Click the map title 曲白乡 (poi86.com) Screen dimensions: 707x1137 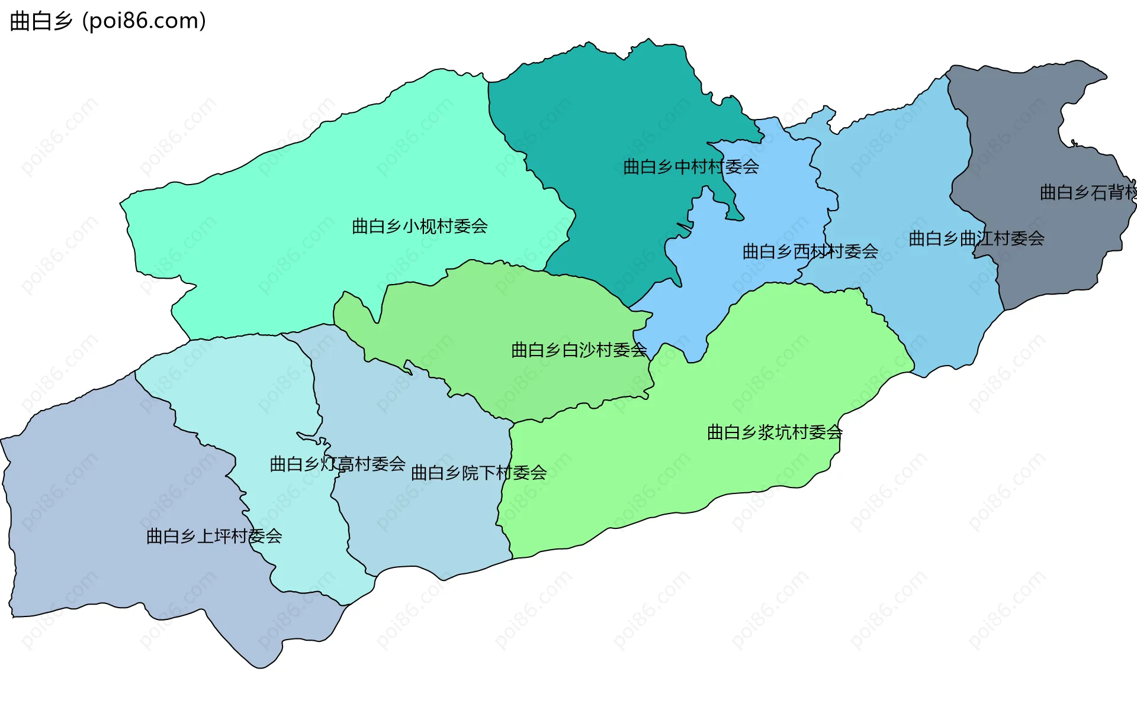[x=108, y=21]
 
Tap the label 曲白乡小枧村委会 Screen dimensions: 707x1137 [x=419, y=226]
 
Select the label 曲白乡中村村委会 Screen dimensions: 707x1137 [x=690, y=167]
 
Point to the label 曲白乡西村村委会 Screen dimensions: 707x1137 [x=810, y=251]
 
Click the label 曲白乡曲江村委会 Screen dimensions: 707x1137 [x=976, y=238]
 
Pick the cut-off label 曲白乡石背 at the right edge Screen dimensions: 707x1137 [x=1088, y=192]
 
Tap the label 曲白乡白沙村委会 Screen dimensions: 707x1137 [x=579, y=350]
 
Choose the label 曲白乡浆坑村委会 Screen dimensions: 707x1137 [x=775, y=432]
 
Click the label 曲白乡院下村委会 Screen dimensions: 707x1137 [x=478, y=472]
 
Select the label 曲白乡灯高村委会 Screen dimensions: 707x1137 [x=337, y=463]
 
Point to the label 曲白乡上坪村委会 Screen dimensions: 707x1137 [x=214, y=536]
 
